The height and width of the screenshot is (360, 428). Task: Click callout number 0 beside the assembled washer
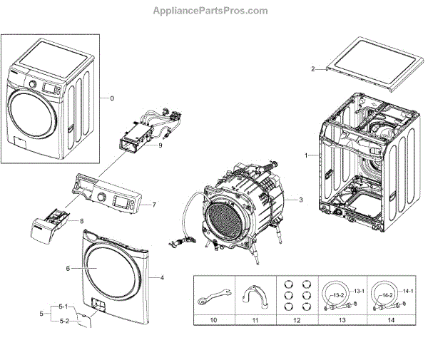point(112,98)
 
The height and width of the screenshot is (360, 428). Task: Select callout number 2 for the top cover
point(312,69)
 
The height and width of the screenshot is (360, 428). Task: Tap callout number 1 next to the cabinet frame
point(306,155)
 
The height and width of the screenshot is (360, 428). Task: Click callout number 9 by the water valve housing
point(160,145)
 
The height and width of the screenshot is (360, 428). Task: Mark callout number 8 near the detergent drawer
point(81,221)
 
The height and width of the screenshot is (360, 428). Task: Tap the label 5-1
point(63,307)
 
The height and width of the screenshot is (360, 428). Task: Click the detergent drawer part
point(46,230)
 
